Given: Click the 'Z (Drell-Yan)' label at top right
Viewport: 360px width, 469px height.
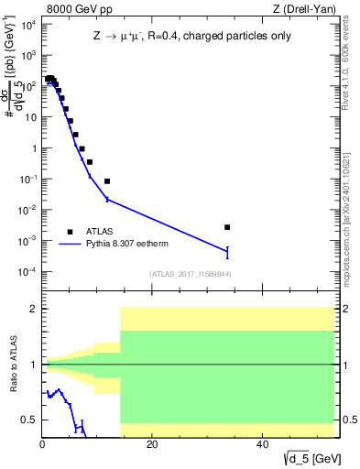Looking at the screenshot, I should click(x=307, y=8).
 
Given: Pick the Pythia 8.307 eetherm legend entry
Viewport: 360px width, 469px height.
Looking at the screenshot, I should click(x=126, y=245).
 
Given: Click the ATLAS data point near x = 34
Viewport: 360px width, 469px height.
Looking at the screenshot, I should click(x=227, y=227).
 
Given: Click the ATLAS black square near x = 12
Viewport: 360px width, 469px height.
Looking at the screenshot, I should click(x=107, y=181).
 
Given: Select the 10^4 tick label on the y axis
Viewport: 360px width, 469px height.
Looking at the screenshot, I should click(x=27, y=24).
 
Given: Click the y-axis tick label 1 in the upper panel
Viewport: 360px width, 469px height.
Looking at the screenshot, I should click(x=33, y=148).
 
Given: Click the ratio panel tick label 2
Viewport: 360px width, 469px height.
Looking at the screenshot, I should click(x=33, y=309).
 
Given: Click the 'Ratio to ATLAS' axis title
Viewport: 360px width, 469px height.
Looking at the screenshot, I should click(x=12, y=365).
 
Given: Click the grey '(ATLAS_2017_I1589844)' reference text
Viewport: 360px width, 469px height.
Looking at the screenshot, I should click(x=189, y=274).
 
